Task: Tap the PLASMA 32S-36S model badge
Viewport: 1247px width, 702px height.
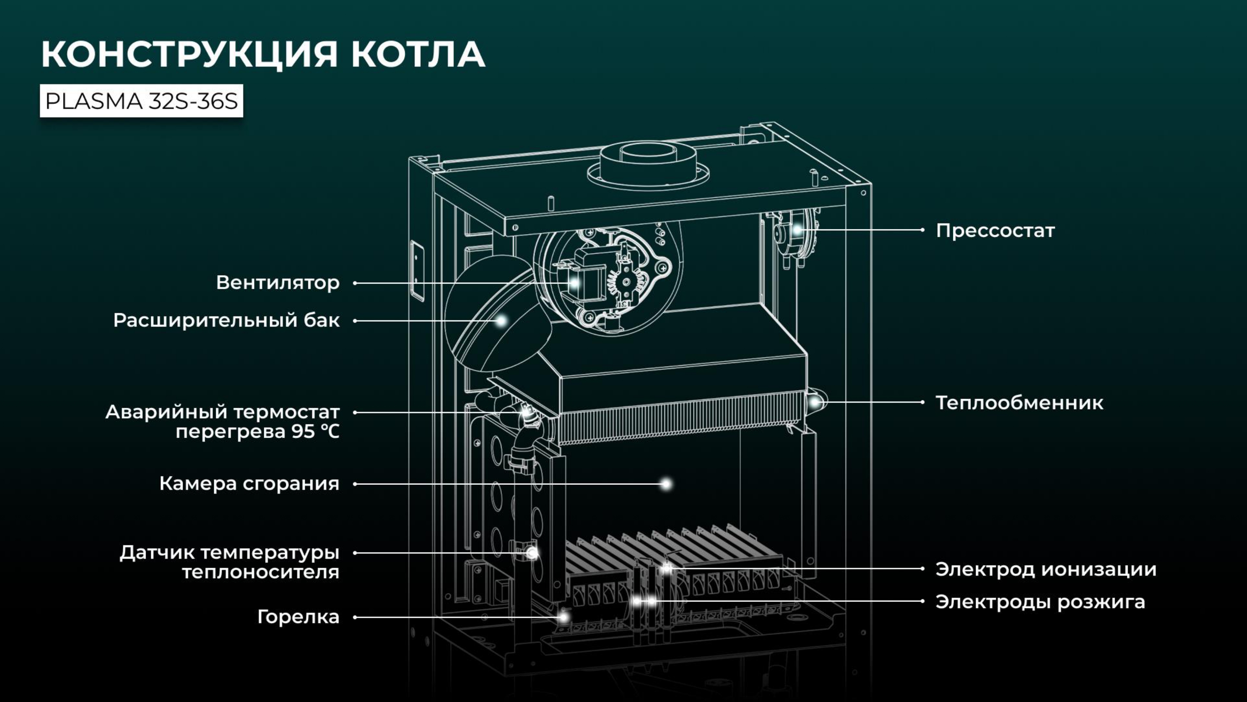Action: tap(141, 101)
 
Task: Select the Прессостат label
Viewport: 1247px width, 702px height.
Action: tap(995, 231)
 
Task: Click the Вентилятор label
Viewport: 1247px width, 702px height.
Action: tap(278, 282)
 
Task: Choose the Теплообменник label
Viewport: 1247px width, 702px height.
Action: tap(1019, 402)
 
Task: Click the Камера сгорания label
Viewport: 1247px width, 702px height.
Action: tap(249, 484)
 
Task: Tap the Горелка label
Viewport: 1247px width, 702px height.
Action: tap(298, 617)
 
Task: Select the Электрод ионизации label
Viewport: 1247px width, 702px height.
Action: tap(1046, 569)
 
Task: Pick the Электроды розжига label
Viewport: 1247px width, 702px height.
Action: tap(1040, 602)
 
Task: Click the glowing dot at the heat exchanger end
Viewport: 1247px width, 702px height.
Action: tap(815, 402)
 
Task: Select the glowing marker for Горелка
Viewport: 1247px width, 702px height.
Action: tap(563, 617)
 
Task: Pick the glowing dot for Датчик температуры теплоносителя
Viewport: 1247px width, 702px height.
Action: tap(532, 553)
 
